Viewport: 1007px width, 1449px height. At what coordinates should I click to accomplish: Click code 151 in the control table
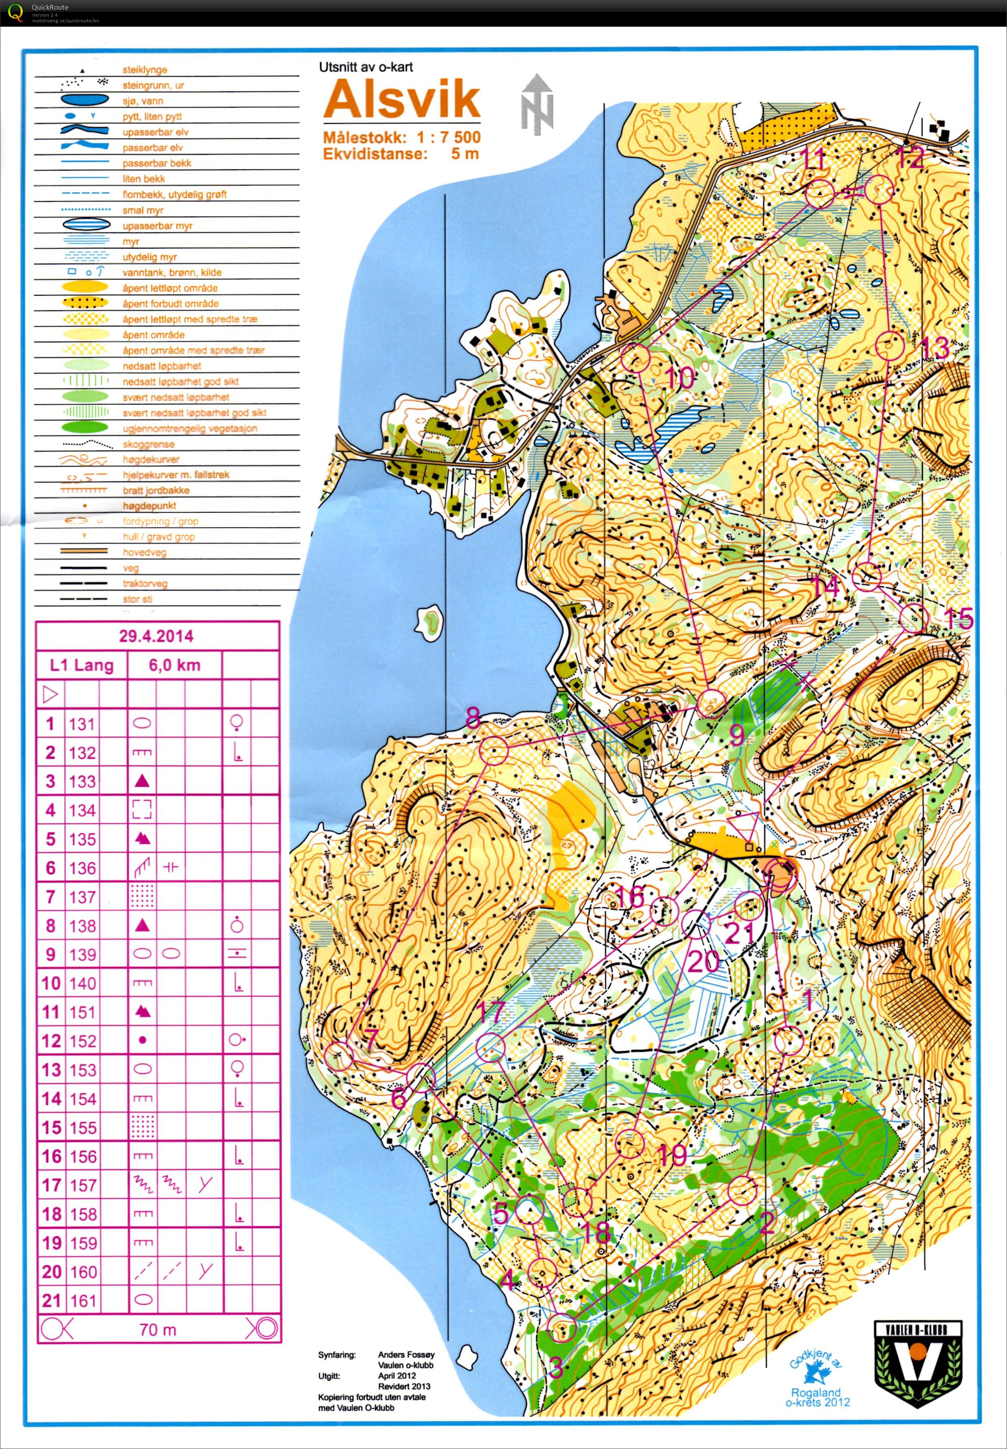tap(82, 1012)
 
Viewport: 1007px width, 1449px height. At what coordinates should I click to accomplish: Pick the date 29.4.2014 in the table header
tap(156, 636)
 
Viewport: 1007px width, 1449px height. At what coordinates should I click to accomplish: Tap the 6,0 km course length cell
tap(175, 665)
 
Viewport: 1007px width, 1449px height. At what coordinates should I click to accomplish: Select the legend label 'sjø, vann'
tap(143, 101)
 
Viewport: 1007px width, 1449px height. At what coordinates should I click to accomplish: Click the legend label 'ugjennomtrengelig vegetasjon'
tap(190, 428)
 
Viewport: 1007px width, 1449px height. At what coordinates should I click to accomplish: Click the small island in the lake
tap(431, 622)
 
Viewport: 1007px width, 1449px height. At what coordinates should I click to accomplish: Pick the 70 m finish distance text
tap(158, 1330)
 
